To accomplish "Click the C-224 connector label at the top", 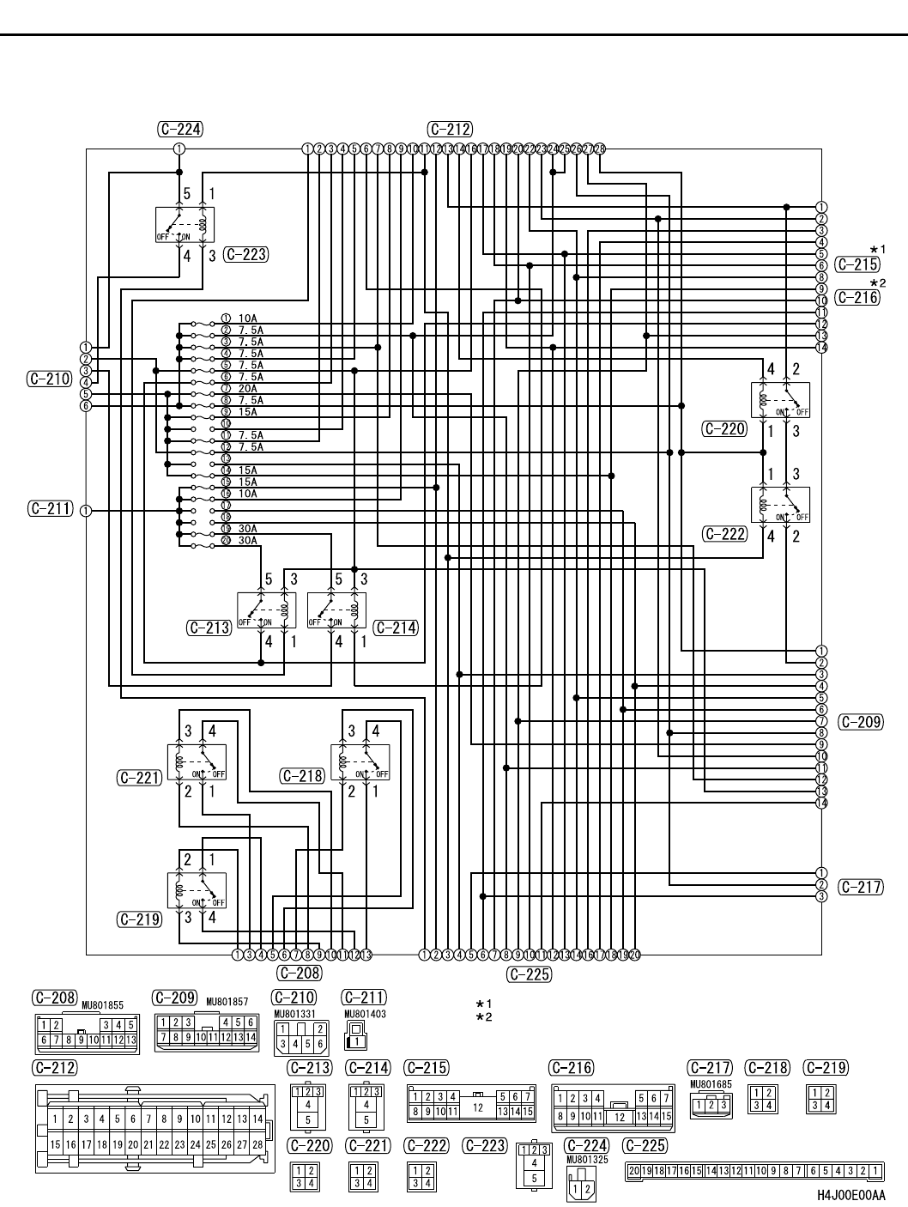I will [180, 130].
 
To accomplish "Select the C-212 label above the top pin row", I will [449, 130].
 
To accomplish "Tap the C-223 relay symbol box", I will [185, 225].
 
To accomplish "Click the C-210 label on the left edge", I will [49, 378].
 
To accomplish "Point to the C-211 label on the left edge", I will [49, 509].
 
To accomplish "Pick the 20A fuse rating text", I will [247, 388].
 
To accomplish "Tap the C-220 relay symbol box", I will [780, 401].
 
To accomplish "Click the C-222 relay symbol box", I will [780, 505].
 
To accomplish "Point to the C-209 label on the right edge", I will [860, 722].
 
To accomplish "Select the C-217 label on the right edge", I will [860, 887].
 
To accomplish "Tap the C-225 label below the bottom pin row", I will [530, 973].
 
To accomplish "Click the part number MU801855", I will [103, 1004].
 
